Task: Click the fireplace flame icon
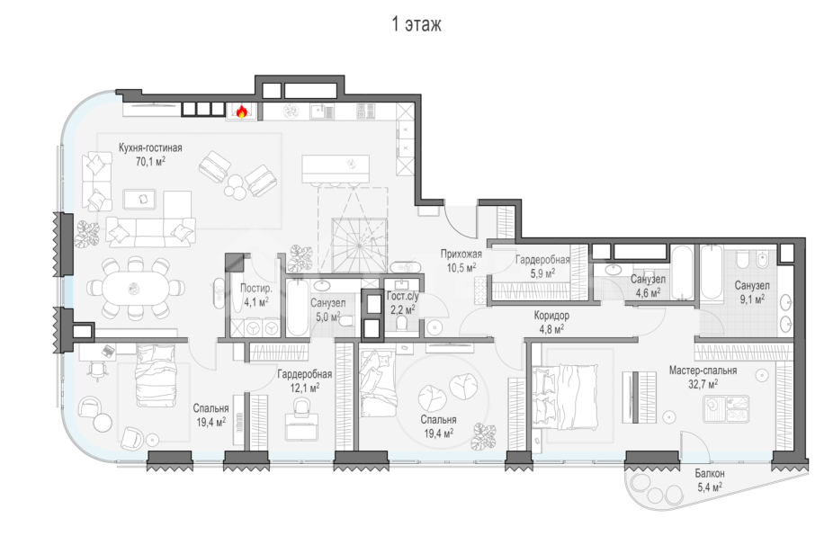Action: pyautogui.click(x=242, y=111)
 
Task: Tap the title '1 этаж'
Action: pyautogui.click(x=416, y=24)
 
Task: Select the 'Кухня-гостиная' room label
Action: pyautogui.click(x=150, y=148)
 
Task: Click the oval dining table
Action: pyautogui.click(x=135, y=289)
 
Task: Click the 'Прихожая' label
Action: pyautogui.click(x=461, y=254)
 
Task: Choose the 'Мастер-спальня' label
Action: pyautogui.click(x=703, y=371)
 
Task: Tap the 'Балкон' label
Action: pyautogui.click(x=710, y=473)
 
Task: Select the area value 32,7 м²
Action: pyautogui.click(x=703, y=383)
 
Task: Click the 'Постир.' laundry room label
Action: pyautogui.click(x=256, y=289)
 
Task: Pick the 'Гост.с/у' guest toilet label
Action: pyautogui.click(x=403, y=297)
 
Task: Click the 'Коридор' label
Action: pyautogui.click(x=551, y=316)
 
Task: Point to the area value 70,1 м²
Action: pyautogui.click(x=150, y=161)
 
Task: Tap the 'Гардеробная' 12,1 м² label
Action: pyautogui.click(x=304, y=374)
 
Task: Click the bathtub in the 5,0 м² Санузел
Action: pyautogui.click(x=298, y=308)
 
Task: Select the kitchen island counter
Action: pyautogui.click(x=336, y=169)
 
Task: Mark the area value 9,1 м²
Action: pyautogui.click(x=752, y=299)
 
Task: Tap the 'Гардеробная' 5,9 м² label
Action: pyautogui.click(x=542, y=260)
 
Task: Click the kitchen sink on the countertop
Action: pyautogui.click(x=322, y=111)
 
